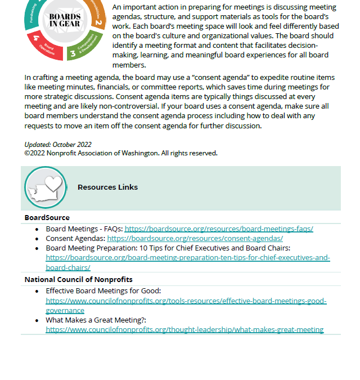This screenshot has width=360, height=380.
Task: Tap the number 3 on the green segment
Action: click(x=73, y=54)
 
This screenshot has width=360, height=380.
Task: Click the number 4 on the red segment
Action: click(x=37, y=38)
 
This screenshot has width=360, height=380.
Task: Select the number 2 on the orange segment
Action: click(x=98, y=22)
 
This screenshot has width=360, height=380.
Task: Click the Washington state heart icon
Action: click(x=46, y=188)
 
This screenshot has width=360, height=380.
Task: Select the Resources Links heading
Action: click(x=107, y=187)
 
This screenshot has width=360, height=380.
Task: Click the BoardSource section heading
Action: click(x=47, y=217)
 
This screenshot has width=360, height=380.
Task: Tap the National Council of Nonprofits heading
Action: click(x=78, y=279)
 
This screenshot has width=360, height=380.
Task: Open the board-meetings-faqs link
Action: click(x=219, y=229)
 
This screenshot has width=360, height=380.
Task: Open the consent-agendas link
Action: click(x=195, y=238)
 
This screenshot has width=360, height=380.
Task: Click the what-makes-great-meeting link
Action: click(x=184, y=329)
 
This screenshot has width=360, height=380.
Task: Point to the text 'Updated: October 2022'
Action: click(x=58, y=145)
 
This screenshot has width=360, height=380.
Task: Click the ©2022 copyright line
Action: click(x=121, y=153)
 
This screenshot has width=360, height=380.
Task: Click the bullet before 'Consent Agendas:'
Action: click(x=37, y=239)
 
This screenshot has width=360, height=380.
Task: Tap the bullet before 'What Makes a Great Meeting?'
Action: click(x=37, y=320)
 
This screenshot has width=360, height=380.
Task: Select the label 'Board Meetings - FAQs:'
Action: click(x=84, y=229)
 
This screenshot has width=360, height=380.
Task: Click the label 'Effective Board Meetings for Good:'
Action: click(x=103, y=291)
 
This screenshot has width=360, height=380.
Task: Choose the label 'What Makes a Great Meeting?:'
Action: click(x=96, y=320)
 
